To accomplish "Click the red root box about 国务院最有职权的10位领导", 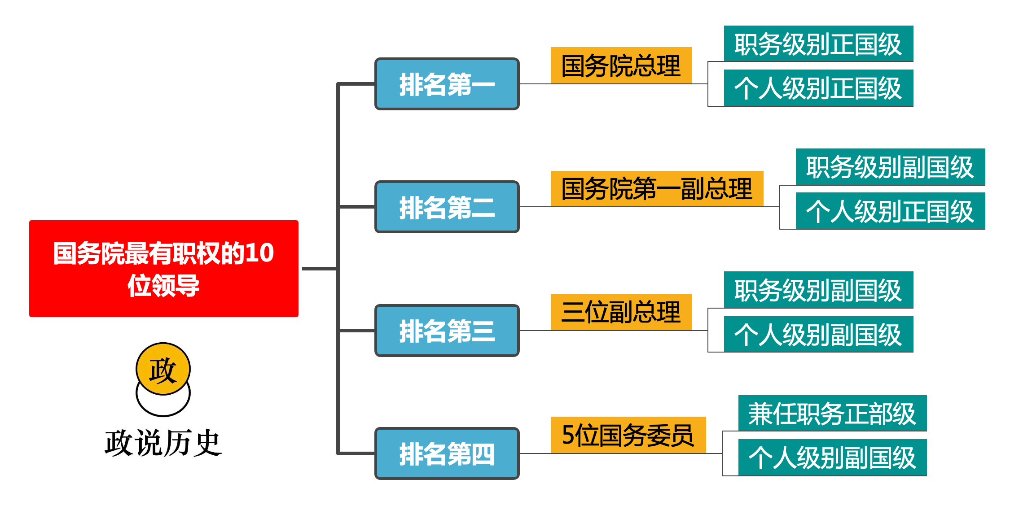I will click(x=163, y=268).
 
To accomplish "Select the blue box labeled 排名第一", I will click(x=447, y=84).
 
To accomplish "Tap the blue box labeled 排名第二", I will click(x=447, y=207).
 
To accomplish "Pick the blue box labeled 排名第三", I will click(x=447, y=331).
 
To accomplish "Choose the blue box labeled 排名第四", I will click(x=447, y=453).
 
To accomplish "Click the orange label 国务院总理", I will click(x=621, y=65).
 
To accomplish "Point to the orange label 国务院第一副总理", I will click(x=657, y=189).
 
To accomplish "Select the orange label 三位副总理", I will click(x=621, y=312).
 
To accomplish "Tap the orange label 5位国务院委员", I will click(x=628, y=435).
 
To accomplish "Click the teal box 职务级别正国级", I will click(x=818, y=44).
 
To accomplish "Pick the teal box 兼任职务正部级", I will click(x=832, y=413).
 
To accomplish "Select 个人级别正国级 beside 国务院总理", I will click(x=818, y=88).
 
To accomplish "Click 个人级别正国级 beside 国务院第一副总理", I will click(x=890, y=211).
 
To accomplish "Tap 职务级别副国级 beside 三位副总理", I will click(x=818, y=290).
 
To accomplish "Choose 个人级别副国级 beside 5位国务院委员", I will click(x=832, y=457).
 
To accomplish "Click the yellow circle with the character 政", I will click(x=163, y=369).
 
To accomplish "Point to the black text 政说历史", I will click(x=163, y=443).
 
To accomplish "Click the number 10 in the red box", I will click(x=259, y=253).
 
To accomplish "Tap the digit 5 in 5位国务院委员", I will click(x=568, y=435).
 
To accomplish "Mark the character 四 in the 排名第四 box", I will click(x=483, y=454).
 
